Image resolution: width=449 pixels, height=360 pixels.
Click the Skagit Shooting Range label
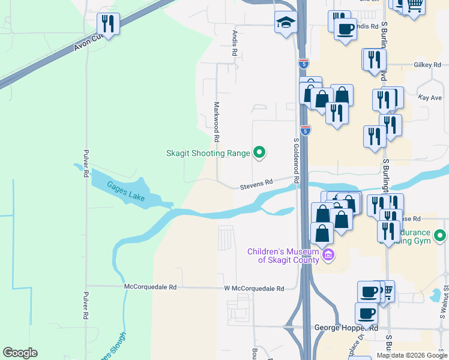pos(208,153)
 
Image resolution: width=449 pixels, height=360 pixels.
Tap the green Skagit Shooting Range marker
pos(259,153)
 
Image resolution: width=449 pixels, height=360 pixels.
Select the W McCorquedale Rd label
pos(254,289)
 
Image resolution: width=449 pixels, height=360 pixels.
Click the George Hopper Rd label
pos(346,328)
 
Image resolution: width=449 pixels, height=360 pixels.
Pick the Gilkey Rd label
pos(427,65)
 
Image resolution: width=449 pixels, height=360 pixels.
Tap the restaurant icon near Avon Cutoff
pos(109,24)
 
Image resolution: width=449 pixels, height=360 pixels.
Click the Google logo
pos(20,353)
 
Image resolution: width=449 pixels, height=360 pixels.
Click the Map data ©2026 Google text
pos(412,355)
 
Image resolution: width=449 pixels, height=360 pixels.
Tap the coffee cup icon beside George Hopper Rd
pos(366,313)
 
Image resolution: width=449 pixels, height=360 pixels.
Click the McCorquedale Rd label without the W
pos(150,287)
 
